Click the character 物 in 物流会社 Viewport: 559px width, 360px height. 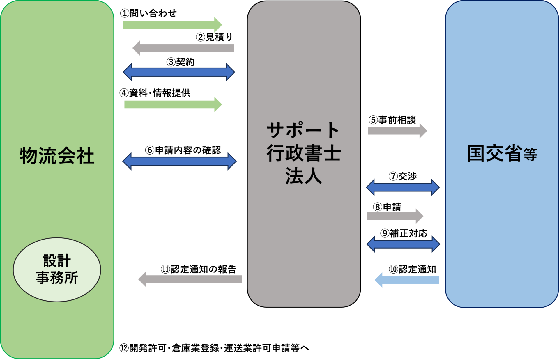[x=29, y=156]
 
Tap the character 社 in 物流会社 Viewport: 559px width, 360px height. [x=85, y=156]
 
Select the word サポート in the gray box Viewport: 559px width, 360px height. [x=303, y=130]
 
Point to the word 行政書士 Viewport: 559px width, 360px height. [x=303, y=153]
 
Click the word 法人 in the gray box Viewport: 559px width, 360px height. [x=303, y=176]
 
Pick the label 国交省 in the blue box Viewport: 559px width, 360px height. [x=494, y=153]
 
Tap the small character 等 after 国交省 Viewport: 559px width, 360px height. [x=530, y=155]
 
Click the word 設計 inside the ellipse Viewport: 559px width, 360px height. [x=57, y=261]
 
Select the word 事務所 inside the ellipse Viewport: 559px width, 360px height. [x=57, y=278]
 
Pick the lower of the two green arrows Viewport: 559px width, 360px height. [x=173, y=104]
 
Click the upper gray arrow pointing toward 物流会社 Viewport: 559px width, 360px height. [x=183, y=48]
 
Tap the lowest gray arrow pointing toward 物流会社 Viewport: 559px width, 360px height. [x=190, y=279]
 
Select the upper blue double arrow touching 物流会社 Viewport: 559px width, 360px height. [x=179, y=72]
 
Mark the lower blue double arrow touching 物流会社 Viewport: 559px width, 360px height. [x=179, y=161]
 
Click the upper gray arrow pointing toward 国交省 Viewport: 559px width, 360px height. [x=397, y=131]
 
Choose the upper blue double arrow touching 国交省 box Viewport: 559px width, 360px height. [x=403, y=187]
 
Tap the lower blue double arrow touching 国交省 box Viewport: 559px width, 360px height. [x=403, y=244]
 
